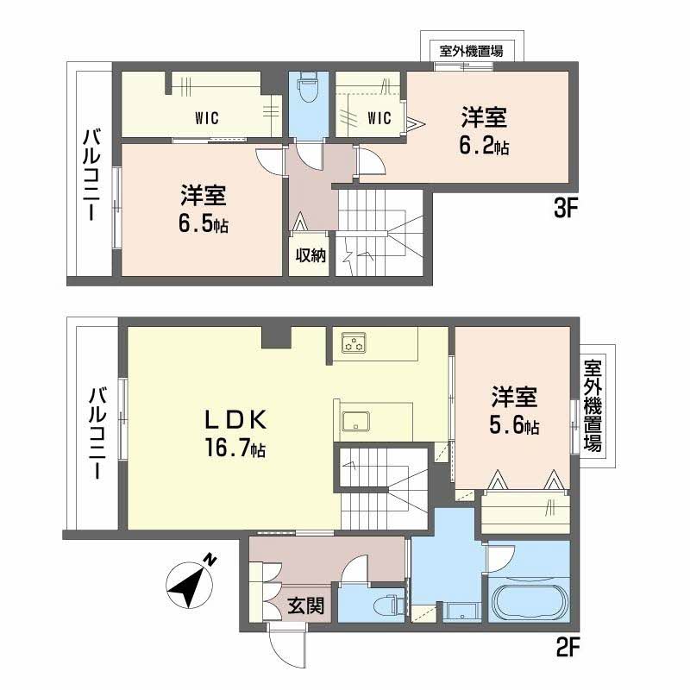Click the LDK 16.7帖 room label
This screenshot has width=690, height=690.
click(x=235, y=434)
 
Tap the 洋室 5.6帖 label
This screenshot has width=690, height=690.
click(x=514, y=411)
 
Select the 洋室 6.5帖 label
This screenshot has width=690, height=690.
click(x=204, y=209)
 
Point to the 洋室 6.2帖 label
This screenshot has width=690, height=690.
click(x=485, y=131)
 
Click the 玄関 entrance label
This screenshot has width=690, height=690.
click(x=306, y=606)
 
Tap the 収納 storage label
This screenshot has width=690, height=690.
click(x=310, y=255)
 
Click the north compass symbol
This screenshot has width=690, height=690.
click(x=191, y=583)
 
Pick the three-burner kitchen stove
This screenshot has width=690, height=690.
click(x=354, y=343)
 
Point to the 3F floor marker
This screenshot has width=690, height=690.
click(x=565, y=208)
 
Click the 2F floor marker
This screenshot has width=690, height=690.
click(x=568, y=647)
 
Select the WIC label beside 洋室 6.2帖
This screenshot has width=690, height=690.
click(x=379, y=117)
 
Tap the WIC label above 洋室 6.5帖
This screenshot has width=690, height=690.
click(x=206, y=117)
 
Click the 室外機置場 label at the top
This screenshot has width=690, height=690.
click(x=471, y=51)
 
